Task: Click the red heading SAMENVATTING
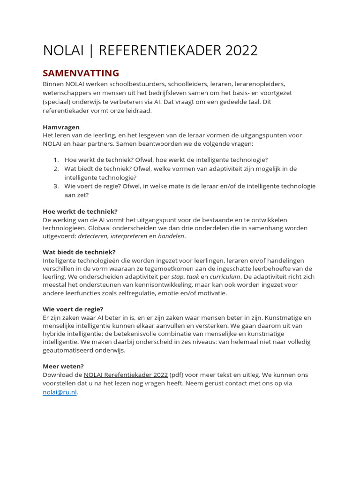[81, 73]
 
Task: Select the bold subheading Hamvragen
[61, 127]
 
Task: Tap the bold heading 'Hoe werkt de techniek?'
[80, 211]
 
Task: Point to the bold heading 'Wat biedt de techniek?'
[79, 252]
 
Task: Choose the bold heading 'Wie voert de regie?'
[73, 309]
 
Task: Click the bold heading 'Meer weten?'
[63, 366]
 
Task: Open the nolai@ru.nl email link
[60, 392]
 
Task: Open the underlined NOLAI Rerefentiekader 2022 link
[126, 375]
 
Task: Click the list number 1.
[55, 160]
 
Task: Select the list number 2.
[55, 169]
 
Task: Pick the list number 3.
[55, 186]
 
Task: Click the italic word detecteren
[92, 237]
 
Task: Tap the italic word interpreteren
[129, 237]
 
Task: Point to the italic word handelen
[171, 237]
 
